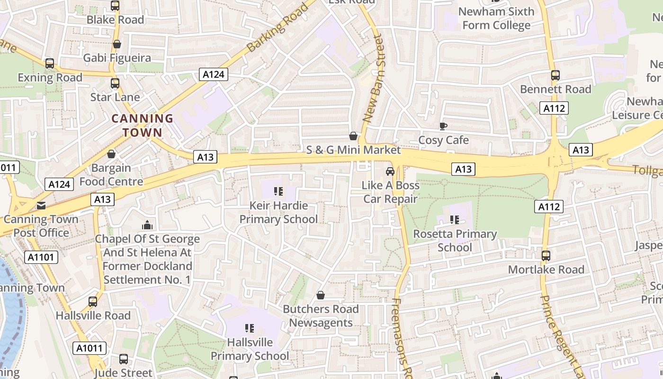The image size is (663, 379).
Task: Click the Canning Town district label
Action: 142,125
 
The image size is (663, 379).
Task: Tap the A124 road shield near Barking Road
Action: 213,74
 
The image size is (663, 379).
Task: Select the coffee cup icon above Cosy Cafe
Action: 443,126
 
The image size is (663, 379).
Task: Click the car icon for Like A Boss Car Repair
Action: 390,171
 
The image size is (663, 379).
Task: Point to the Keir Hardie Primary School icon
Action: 278,191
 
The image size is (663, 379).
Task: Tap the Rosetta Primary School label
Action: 455,240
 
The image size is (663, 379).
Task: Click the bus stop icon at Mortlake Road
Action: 546,256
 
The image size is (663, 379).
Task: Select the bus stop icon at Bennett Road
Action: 555,75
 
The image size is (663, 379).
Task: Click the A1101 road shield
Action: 41,257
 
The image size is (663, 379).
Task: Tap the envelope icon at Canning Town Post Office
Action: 41,205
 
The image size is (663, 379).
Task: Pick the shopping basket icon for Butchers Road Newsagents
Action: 321,296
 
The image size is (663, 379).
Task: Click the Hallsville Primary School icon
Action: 250,328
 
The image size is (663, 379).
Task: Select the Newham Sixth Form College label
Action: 496,18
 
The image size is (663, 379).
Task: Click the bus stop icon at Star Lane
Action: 115,83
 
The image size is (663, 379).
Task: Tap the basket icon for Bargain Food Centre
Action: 111,154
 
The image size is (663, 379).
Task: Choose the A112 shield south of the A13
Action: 549,207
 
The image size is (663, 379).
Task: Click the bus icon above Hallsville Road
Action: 93,302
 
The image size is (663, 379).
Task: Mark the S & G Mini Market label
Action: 353,150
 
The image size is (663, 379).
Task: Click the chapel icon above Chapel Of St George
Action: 147,225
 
